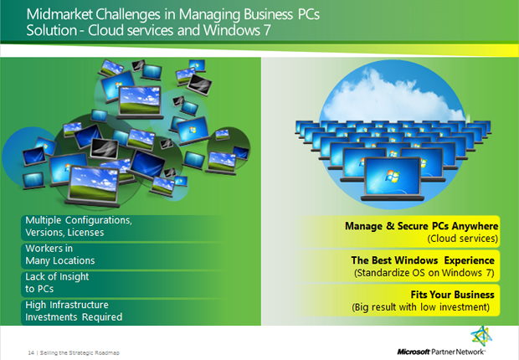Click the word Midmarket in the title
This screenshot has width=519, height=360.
pos(59,14)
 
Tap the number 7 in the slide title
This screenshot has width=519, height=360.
pos(266,30)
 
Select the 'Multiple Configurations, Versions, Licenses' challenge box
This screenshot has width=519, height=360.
pos(122,228)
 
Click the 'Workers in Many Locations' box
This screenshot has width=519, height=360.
pos(122,256)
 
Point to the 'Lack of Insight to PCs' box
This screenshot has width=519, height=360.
pos(122,284)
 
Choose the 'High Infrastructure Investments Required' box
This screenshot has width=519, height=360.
pos(122,312)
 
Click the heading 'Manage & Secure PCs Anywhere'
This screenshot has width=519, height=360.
pos(421,226)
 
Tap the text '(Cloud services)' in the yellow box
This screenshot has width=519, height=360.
pos(462,238)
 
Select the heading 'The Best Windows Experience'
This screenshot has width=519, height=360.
pos(423,260)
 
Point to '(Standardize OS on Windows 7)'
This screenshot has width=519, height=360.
pos(424,273)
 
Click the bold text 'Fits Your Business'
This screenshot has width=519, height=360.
pos(453,295)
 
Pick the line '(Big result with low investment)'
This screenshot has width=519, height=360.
pos(420,307)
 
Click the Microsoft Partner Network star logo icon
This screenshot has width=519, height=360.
pos(481,337)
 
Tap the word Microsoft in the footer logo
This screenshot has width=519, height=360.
pos(414,352)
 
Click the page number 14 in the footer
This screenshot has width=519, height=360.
pos(31,352)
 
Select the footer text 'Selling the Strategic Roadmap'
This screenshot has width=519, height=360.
pos(80,352)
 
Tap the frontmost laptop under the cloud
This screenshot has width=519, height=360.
pos(393,179)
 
